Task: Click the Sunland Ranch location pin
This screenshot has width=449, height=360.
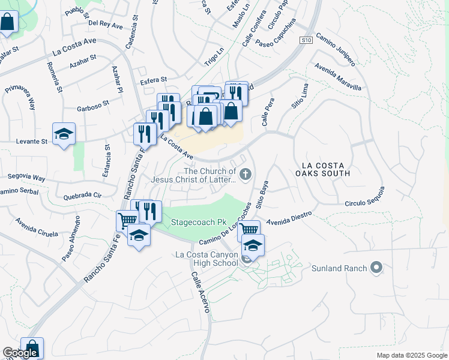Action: [x=376, y=268]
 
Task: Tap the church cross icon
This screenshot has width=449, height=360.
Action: [x=245, y=175]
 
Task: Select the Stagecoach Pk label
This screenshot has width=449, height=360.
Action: [x=194, y=222]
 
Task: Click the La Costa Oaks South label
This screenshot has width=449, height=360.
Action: [x=325, y=169]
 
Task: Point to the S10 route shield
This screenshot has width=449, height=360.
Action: [x=306, y=40]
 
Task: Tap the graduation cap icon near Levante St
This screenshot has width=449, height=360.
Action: [x=64, y=134]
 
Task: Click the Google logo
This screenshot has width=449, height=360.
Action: [x=20, y=353]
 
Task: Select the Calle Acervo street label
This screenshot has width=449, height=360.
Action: [x=200, y=292]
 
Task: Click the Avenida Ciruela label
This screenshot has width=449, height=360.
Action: [x=37, y=226]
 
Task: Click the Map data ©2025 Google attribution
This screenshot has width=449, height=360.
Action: [x=411, y=355]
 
